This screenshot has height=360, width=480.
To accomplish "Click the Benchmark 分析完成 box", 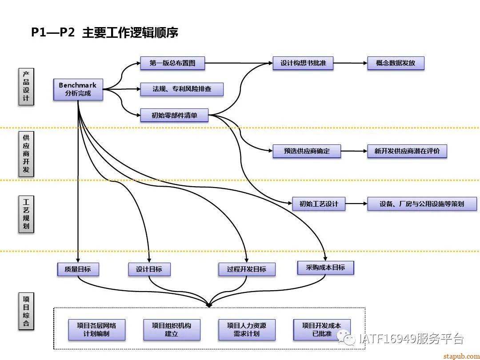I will click(78, 89).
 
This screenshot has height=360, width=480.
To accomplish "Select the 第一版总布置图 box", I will click(173, 63).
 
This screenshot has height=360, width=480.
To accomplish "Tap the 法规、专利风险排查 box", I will click(182, 89).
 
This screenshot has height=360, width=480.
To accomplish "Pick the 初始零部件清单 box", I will click(174, 116).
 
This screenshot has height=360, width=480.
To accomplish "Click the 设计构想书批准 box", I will click(303, 63).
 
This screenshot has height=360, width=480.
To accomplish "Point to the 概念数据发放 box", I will click(396, 63).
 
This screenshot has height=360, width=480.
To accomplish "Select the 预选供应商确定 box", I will click(307, 151).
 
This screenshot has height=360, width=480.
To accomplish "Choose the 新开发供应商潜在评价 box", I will click(407, 151).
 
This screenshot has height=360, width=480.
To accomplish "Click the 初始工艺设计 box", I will click(319, 204).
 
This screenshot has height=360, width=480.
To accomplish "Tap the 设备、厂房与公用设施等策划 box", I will click(422, 204).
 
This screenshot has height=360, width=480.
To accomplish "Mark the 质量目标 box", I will click(78, 269).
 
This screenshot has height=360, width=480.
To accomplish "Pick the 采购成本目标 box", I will click(325, 268).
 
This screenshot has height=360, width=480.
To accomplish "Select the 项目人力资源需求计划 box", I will click(246, 330).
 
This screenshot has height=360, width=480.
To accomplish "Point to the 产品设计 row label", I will click(26, 87).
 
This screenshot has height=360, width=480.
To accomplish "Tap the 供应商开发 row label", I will click(26, 153).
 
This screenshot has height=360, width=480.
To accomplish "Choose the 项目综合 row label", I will click(26, 311).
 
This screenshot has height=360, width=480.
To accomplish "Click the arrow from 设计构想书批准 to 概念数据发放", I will click(350, 63).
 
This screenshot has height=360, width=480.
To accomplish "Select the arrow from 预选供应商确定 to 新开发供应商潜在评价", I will click(354, 151).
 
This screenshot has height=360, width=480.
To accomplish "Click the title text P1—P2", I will click(52, 33).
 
